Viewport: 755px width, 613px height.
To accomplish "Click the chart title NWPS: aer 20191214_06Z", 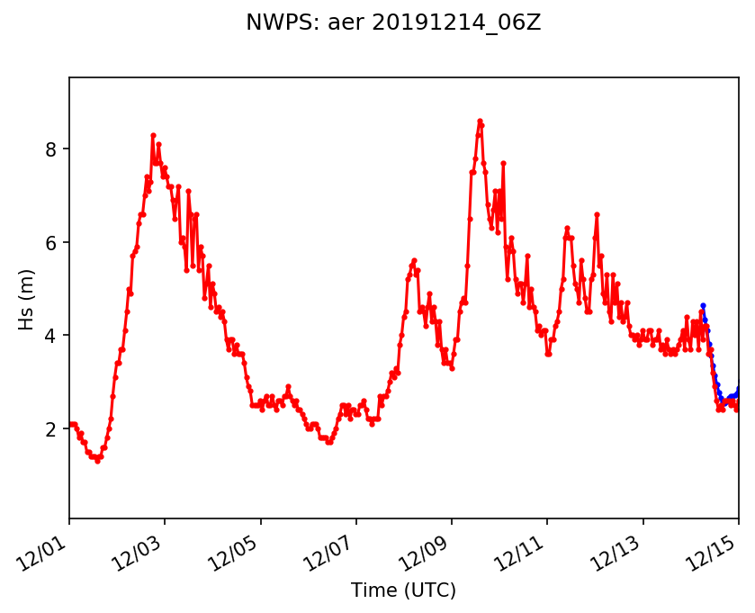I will (393, 23).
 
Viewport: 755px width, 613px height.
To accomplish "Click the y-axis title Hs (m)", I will (27, 298).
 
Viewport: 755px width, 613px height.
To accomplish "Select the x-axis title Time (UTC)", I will (403, 590).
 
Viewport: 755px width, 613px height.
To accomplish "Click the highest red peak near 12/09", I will (480, 121).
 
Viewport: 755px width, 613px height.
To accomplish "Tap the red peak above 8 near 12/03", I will (153, 135).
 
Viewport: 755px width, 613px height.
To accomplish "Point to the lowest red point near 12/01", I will (97, 461).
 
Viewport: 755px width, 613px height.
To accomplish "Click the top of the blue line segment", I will (703, 306).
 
